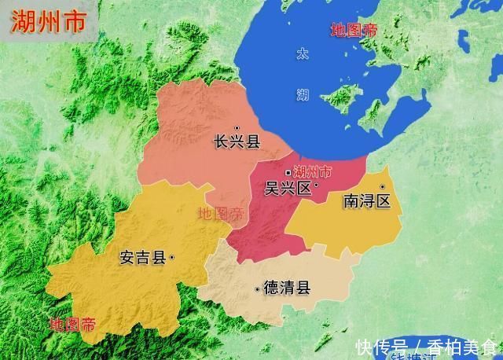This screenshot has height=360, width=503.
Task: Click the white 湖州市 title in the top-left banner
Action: pos(48,21)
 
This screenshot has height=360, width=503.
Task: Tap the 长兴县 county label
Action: pos(237,141)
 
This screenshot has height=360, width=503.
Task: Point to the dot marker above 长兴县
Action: pos(237,127)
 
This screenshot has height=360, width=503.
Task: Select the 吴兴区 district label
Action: pos(288,188)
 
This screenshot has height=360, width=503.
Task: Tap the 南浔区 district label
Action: pos(367,201)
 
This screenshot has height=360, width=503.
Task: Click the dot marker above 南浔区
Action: pos(382,187)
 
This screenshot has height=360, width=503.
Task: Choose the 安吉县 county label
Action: pos(142,257)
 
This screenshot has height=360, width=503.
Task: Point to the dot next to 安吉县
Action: pos(171,256)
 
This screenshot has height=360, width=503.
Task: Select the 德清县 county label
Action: pos(287,288)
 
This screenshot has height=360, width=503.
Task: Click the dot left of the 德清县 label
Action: pos(257,290)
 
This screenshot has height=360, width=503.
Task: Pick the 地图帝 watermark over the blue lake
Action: pos(354,31)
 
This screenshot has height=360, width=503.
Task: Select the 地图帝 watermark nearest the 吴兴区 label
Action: pos(220,213)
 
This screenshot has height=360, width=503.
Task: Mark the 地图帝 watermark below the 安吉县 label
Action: pos(72,324)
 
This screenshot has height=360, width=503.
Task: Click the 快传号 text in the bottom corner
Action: pos(380,347)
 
